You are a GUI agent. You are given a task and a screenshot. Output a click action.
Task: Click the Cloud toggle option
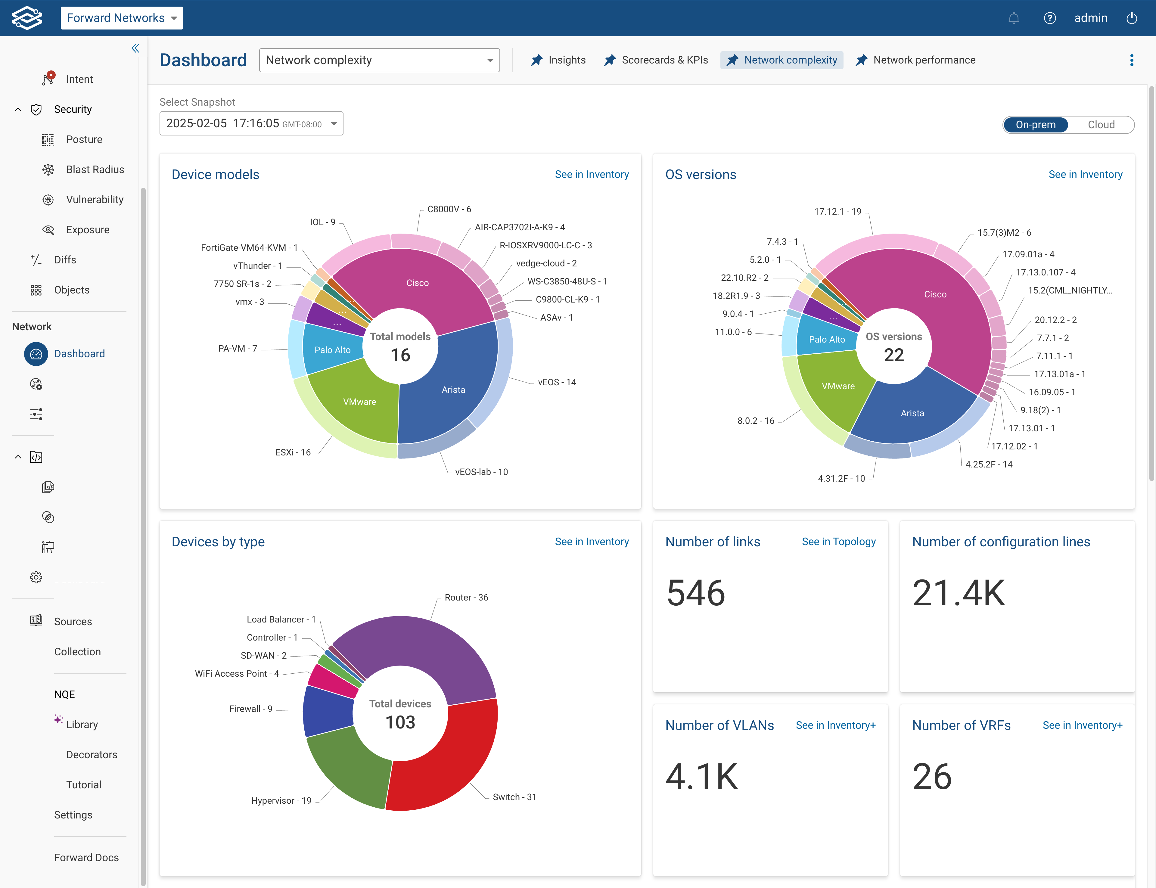click(1101, 125)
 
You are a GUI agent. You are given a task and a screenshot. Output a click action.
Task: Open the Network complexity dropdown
click(379, 60)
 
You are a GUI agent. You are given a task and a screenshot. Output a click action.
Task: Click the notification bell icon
click(1013, 18)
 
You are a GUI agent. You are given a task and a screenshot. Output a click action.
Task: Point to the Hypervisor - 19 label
click(281, 800)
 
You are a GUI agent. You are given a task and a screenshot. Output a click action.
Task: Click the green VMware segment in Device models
click(359, 402)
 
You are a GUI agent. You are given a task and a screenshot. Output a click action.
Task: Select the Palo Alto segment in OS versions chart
click(827, 339)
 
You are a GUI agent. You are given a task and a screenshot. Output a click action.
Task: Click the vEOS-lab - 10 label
click(481, 472)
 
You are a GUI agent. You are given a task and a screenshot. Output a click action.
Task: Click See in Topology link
click(838, 542)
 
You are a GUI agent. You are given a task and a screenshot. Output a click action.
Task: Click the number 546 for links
click(696, 593)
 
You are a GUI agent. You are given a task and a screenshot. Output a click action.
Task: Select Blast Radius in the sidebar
click(95, 170)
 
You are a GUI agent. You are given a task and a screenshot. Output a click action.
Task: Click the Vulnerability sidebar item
click(94, 200)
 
